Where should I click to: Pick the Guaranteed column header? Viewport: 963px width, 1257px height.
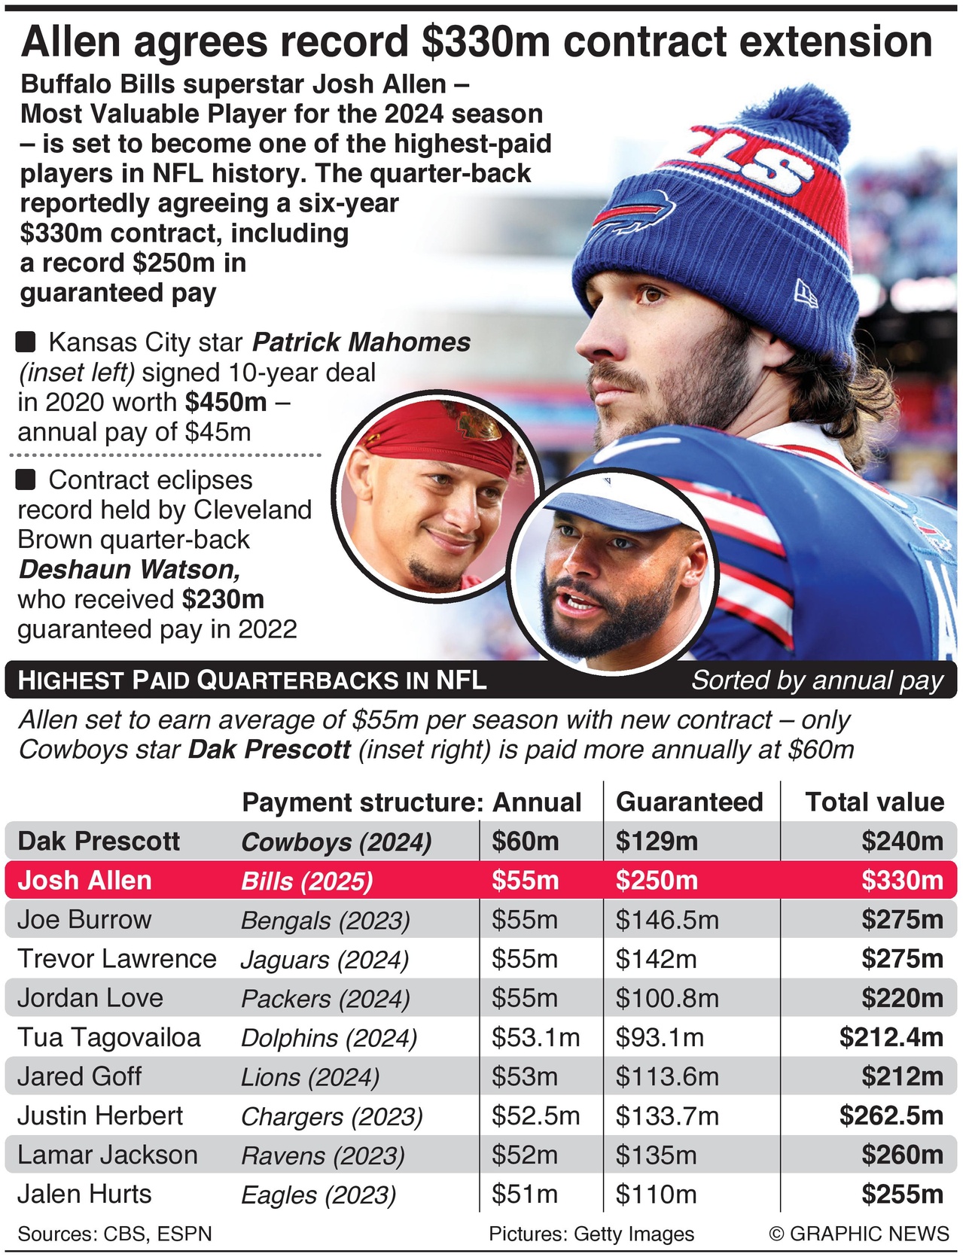coord(689,802)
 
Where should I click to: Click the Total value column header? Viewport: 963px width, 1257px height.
coord(874,802)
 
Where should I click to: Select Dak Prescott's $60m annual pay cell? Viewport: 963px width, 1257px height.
coord(526,841)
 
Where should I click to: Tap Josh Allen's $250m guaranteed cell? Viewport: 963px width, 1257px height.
coord(657,880)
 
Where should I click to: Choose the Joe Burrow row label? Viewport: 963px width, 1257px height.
coord(84,919)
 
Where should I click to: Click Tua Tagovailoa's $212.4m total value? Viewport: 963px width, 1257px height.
coord(891,1037)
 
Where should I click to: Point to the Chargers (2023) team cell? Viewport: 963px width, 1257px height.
coord(332,1116)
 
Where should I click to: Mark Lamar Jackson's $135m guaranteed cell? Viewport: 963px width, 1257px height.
coord(656,1155)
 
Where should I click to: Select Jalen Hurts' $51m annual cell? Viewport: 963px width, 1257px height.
coord(525,1195)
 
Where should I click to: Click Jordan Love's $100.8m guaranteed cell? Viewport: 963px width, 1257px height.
coord(667,998)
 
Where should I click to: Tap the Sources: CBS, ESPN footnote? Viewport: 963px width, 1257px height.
coord(114,1234)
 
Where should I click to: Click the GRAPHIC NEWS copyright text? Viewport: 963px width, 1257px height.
coord(859,1234)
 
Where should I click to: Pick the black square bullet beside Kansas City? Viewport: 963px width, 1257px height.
coord(26,342)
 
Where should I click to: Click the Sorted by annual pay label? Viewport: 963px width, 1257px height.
coord(817,680)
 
